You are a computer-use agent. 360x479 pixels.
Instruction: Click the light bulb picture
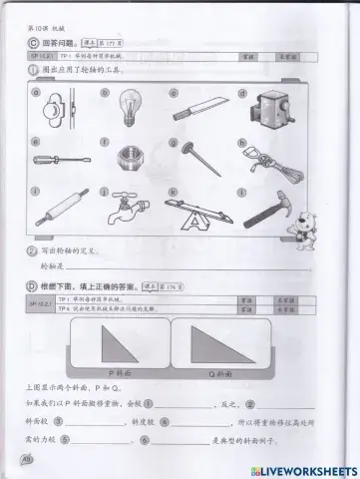[x=129, y=107]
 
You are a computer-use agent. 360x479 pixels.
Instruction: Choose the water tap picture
[x=127, y=211]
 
